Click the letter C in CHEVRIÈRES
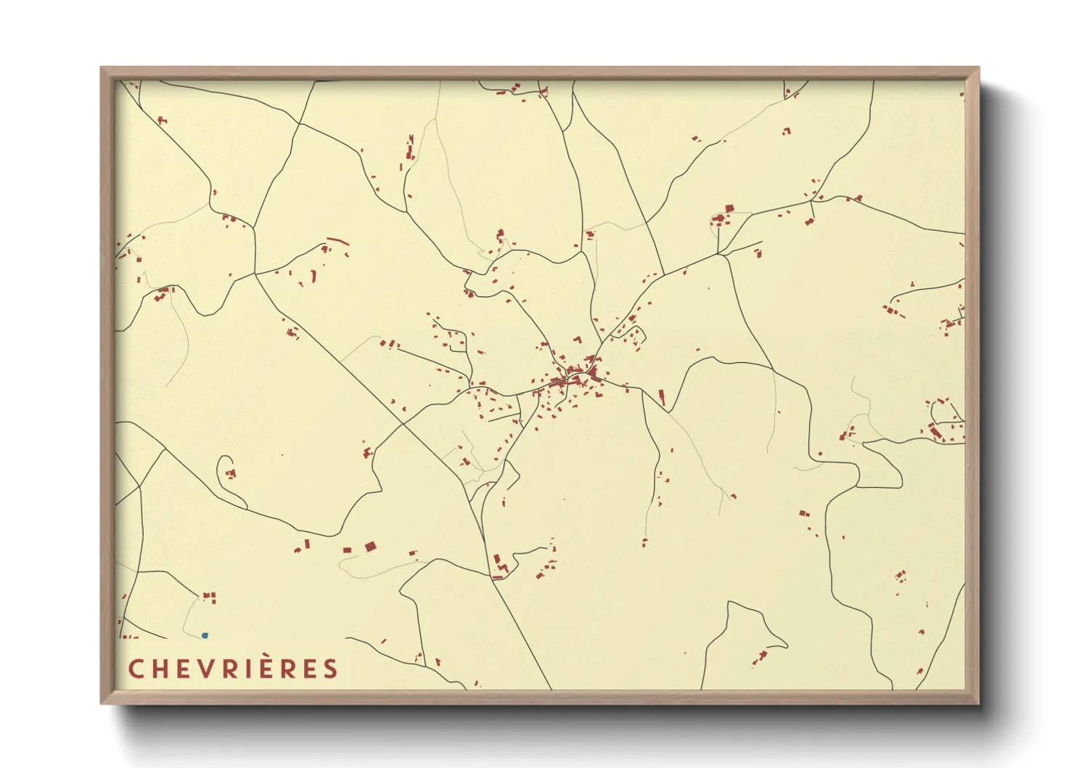point(136,669)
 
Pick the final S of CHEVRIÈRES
point(331,669)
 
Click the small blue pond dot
point(205,635)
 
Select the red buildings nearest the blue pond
point(210,597)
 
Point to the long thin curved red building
point(337,240)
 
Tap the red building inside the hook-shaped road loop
point(231,474)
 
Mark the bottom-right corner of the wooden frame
point(977,702)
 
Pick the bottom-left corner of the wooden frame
point(102,702)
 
